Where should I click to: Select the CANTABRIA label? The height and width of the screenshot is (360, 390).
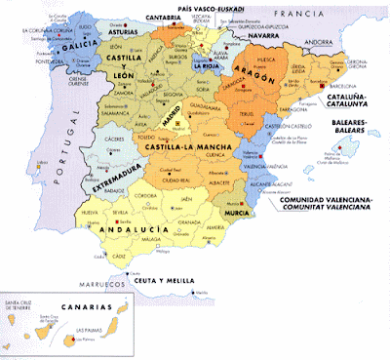(165, 17)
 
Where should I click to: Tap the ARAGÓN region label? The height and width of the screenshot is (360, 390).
(253, 75)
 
